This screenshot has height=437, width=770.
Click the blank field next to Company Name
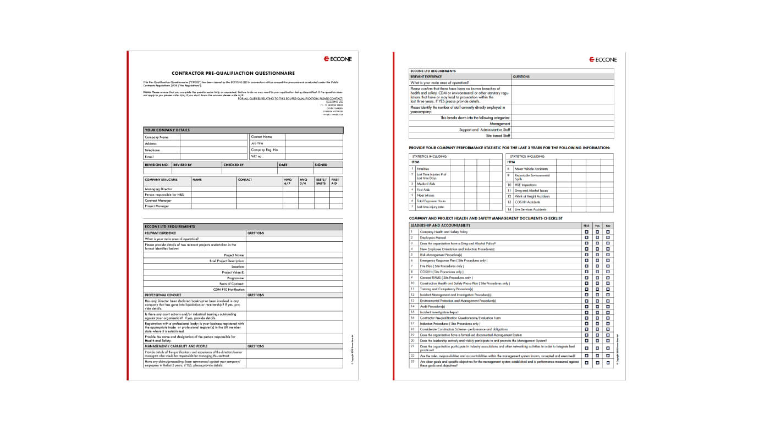(213, 137)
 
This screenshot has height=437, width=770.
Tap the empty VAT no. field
(313, 157)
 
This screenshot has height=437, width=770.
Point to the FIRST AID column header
(335, 181)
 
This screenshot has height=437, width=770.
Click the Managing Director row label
(159, 189)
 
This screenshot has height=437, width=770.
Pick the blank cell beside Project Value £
(294, 273)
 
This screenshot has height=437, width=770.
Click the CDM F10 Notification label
(229, 289)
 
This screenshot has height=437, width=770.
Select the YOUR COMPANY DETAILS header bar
(243, 130)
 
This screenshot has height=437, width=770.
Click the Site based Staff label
(498, 136)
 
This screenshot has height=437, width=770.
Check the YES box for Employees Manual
(597, 237)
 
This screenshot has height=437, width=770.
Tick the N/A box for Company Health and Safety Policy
(586, 232)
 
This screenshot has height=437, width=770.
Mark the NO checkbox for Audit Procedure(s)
(608, 306)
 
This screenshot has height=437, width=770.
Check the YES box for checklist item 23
(597, 363)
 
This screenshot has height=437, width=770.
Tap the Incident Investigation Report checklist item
(438, 312)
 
